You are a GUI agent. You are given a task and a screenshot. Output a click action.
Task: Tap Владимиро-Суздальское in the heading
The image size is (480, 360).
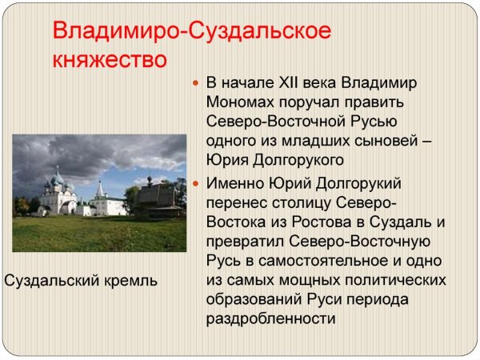(x=191, y=32)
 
